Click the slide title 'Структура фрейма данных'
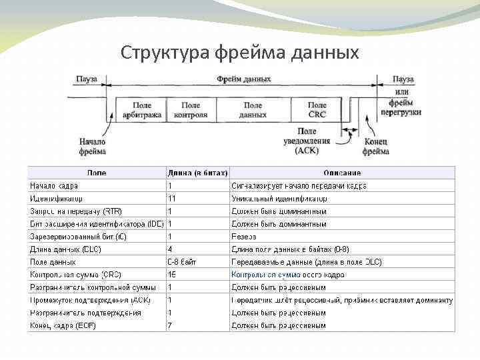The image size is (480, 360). pyautogui.click(x=240, y=52)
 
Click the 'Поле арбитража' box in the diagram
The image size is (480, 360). pyautogui.click(x=141, y=110)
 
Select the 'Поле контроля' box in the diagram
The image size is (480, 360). pyautogui.click(x=191, y=110)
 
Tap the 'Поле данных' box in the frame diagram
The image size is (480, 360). pyautogui.click(x=253, y=110)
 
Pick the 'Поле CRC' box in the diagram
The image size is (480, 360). pyautogui.click(x=317, y=110)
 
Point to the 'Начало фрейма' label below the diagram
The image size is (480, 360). pyautogui.click(x=92, y=147)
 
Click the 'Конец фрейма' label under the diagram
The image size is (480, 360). pyautogui.click(x=375, y=147)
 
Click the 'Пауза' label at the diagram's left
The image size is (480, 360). pyautogui.click(x=87, y=79)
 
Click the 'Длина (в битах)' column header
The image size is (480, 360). pyautogui.click(x=197, y=173)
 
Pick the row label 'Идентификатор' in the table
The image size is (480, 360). pyautogui.click(x=57, y=199)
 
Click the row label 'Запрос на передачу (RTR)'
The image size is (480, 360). pyautogui.click(x=76, y=211)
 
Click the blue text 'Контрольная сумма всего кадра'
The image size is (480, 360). pyautogui.click(x=287, y=275)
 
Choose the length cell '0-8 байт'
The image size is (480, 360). pyautogui.click(x=182, y=262)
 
